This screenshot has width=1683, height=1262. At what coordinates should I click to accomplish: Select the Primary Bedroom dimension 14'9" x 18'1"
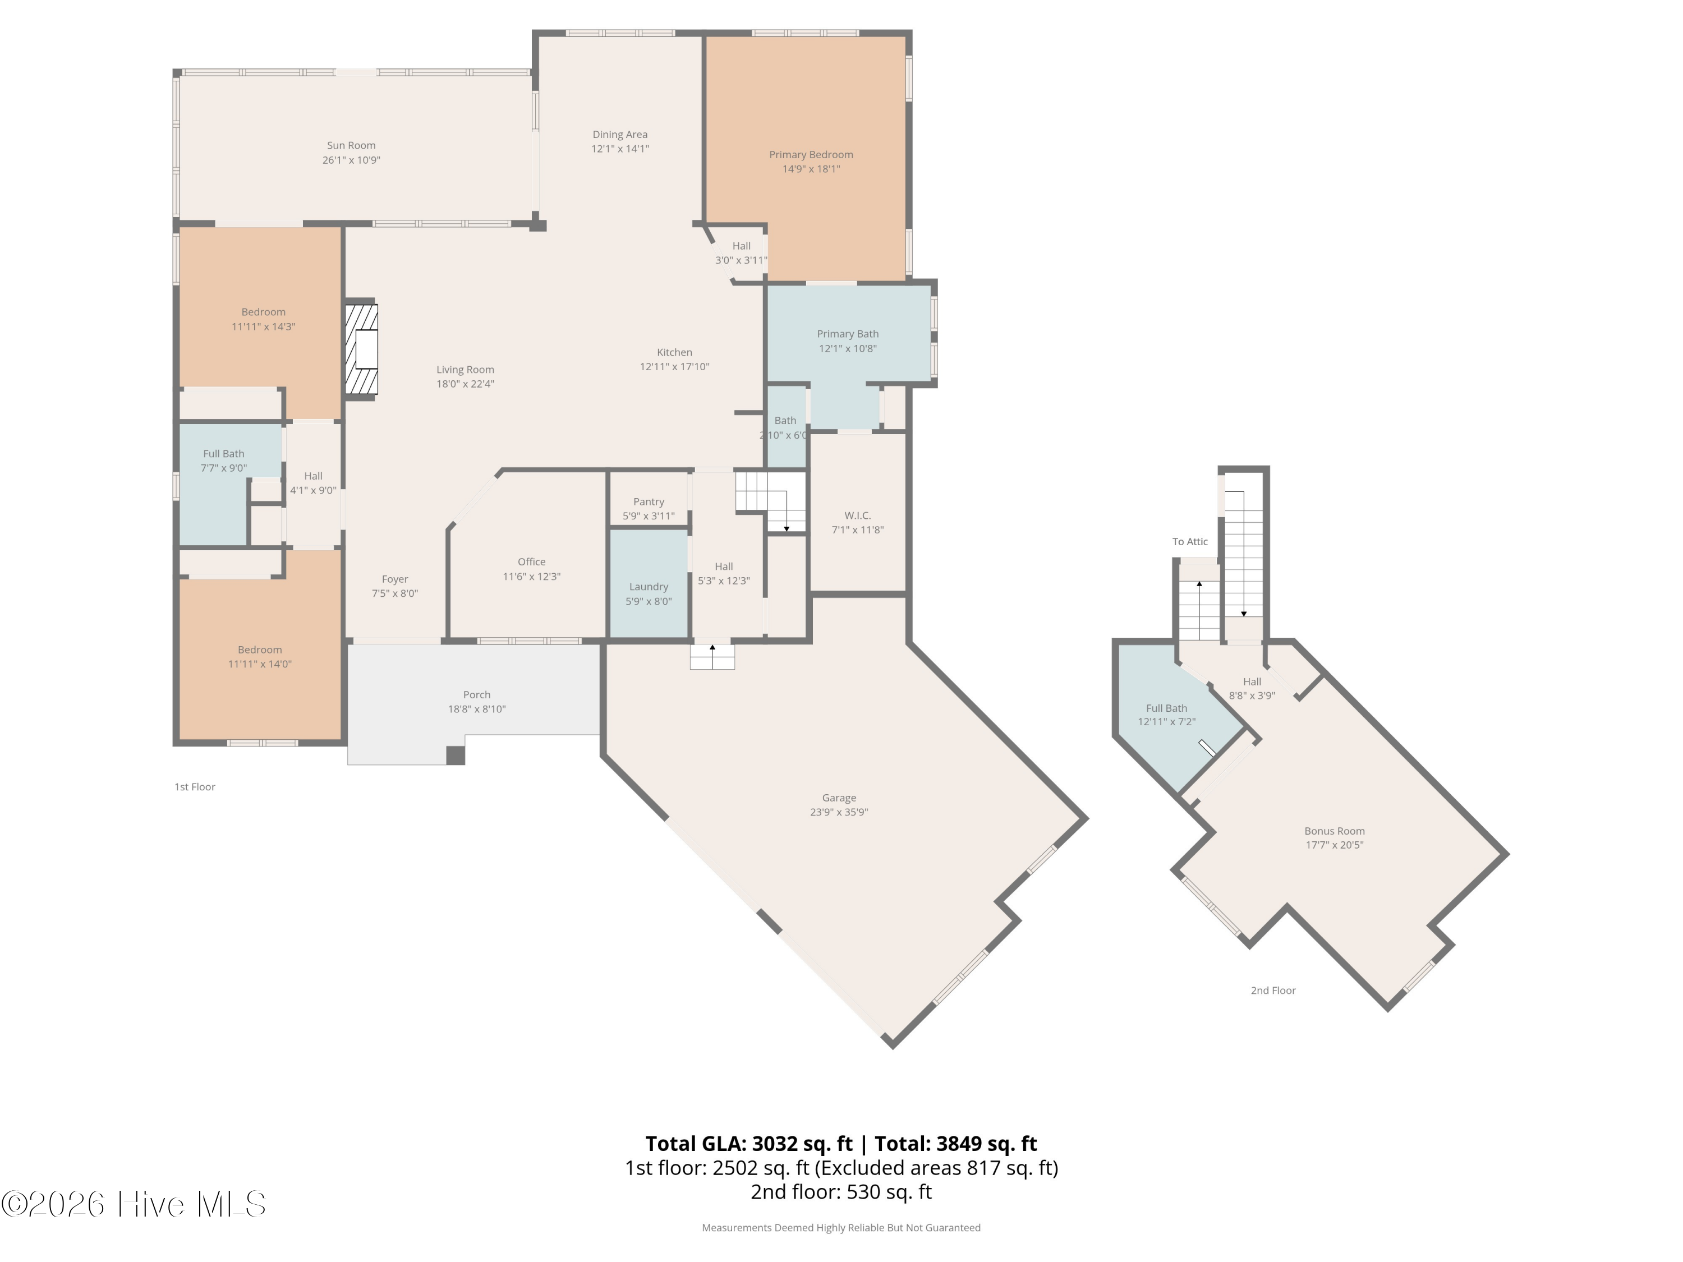point(811,169)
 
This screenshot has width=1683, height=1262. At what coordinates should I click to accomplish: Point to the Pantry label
point(649,502)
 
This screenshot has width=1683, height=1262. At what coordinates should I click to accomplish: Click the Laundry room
point(649,583)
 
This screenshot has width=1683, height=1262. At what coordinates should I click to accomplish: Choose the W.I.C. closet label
point(857,516)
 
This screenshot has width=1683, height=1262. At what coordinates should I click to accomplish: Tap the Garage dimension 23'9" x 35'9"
point(839,812)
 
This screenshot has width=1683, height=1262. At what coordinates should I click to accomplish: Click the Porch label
point(476,694)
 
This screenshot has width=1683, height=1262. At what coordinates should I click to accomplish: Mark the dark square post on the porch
point(455,756)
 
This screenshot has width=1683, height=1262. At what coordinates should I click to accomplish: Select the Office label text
point(531,562)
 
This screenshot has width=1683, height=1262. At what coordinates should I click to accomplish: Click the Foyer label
point(395,579)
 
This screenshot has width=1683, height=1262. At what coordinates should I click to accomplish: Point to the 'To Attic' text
point(1190,542)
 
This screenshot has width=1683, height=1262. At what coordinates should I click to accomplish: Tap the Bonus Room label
point(1335,831)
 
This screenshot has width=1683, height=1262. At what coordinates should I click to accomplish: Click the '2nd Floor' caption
point(1273,991)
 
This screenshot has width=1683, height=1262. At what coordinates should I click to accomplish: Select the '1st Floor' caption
point(195,787)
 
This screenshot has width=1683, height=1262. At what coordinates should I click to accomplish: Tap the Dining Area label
point(620,135)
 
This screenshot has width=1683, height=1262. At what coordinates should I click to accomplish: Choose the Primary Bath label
point(848,334)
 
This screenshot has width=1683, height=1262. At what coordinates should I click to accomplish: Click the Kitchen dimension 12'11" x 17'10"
point(674,367)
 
